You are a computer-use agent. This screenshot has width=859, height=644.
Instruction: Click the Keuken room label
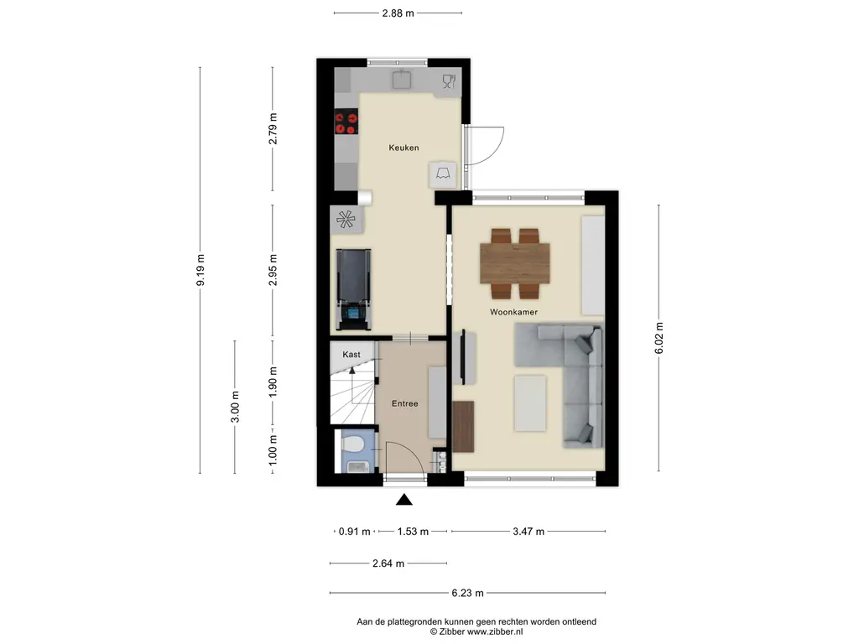403,148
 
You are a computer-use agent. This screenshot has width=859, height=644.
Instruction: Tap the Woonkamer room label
513,312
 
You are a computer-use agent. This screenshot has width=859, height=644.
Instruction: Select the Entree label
405,403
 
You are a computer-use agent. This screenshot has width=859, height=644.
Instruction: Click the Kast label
351,355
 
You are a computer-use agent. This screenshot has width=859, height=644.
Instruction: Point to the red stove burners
346,122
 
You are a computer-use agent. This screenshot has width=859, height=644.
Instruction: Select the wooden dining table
514,262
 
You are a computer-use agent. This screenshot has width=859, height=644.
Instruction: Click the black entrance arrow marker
404,499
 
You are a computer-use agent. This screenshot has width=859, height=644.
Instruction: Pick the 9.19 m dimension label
200,270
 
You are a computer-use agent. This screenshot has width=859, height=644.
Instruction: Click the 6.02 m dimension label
659,338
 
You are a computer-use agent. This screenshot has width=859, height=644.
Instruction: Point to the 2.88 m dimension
398,13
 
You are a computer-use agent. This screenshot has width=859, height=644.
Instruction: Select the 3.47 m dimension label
528,531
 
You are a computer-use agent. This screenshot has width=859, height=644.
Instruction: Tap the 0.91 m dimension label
355,531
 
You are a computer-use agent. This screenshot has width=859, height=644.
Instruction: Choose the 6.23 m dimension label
467,593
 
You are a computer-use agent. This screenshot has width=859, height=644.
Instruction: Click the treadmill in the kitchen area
353,289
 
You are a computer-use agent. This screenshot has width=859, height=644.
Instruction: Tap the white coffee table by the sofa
530,402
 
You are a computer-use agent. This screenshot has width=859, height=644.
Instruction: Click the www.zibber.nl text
494,631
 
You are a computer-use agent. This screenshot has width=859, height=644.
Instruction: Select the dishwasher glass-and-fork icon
449,81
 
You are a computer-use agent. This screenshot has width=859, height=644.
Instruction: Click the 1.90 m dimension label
273,382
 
